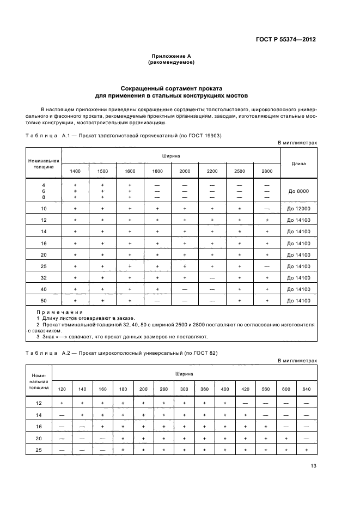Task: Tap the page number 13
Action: pyautogui.click(x=313, y=465)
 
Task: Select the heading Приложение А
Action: pyautogui.click(x=171, y=56)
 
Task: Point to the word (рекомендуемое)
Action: pyautogui.click(x=171, y=63)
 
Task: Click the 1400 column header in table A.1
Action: pyautogui.click(x=75, y=171)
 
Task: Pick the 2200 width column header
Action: pyautogui.click(x=212, y=171)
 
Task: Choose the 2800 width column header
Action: pyautogui.click(x=266, y=171)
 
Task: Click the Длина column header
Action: pyautogui.click(x=298, y=163)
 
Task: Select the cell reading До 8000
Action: pyautogui.click(x=298, y=191)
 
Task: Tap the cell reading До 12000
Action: pyautogui.click(x=298, y=209)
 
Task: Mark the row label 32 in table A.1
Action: pyautogui.click(x=44, y=277)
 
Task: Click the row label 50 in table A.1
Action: pyautogui.click(x=44, y=300)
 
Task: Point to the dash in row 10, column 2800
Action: pyautogui.click(x=266, y=209)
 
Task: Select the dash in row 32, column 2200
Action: pyautogui.click(x=212, y=277)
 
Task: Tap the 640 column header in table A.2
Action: pyautogui.click(x=307, y=388)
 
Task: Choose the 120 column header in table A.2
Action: pyautogui.click(x=62, y=388)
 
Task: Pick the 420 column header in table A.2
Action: pyautogui.click(x=245, y=388)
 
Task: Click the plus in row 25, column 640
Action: pyautogui.click(x=307, y=450)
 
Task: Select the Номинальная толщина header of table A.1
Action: pyautogui.click(x=44, y=164)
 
